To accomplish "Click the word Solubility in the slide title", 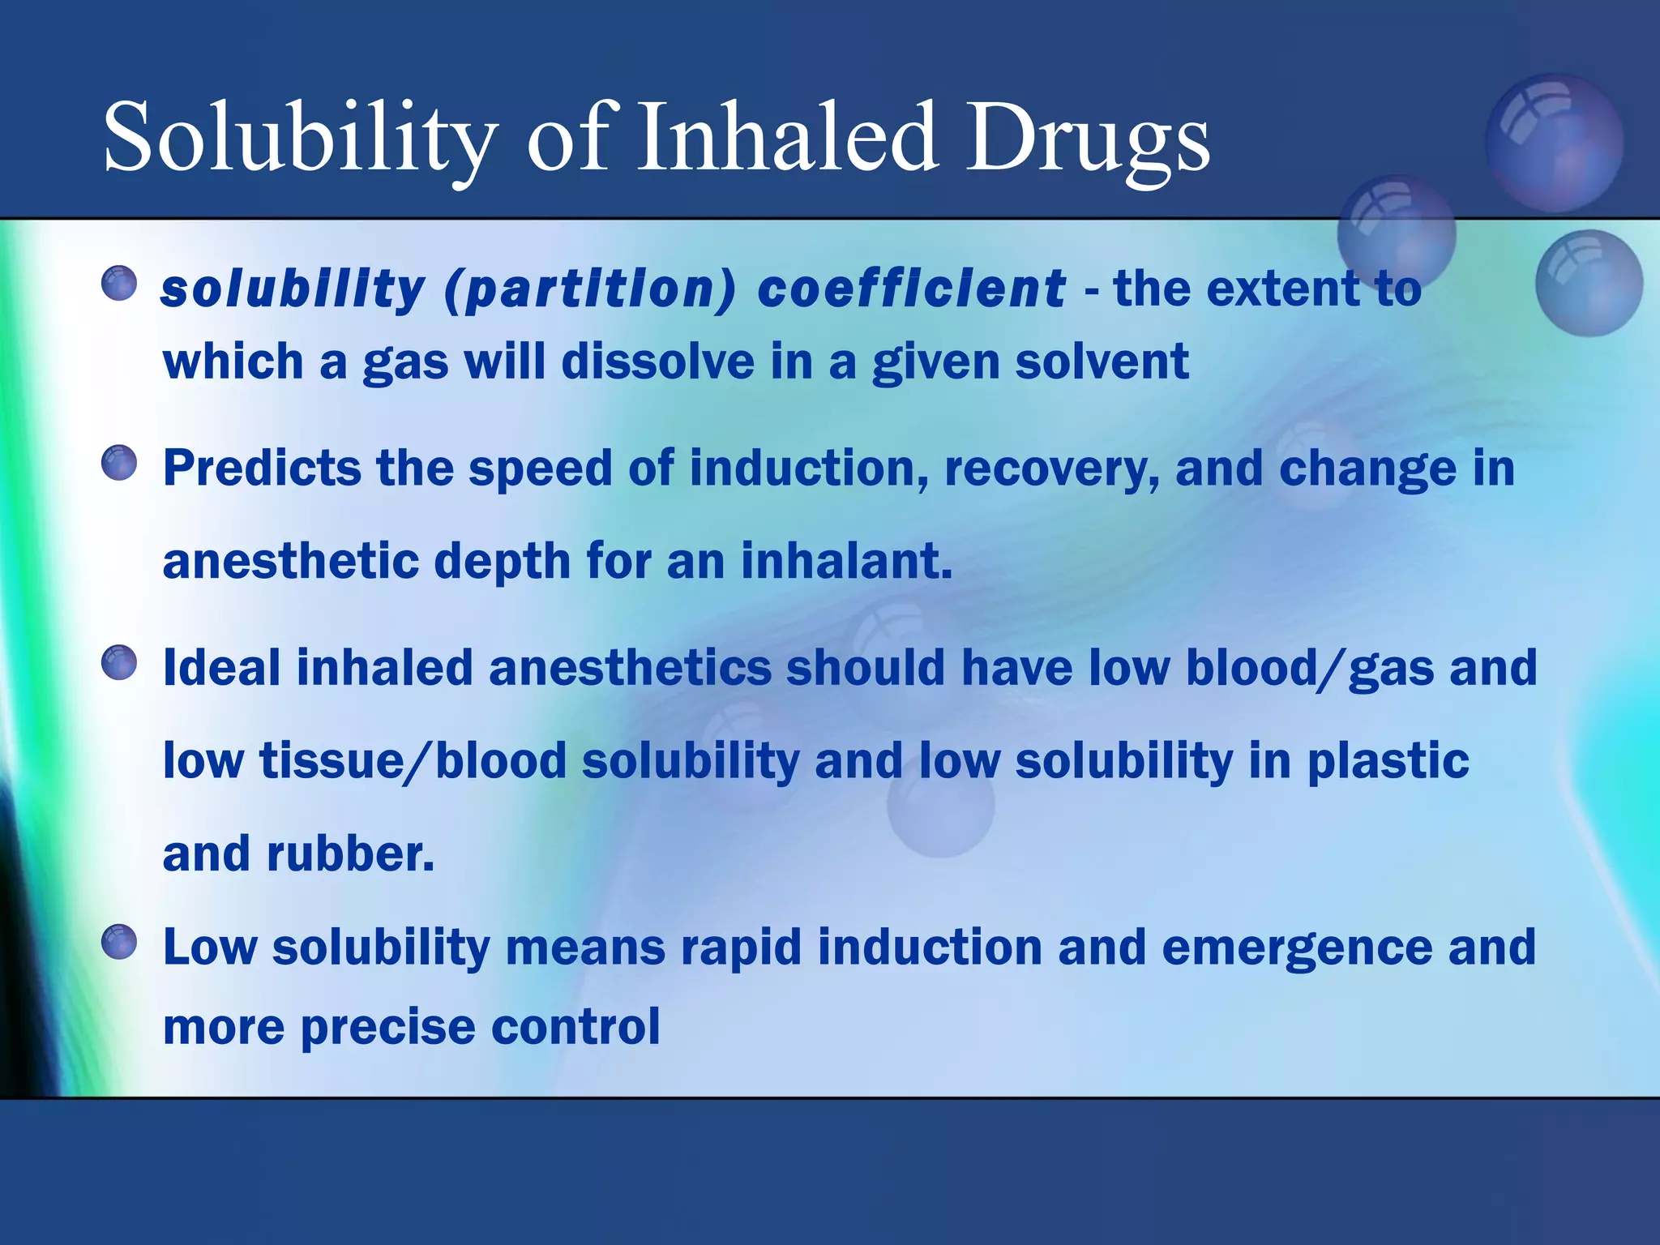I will point(300,138).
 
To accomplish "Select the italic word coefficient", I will point(911,289).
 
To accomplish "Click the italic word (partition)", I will point(590,290).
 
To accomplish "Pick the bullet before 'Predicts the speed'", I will point(119,463).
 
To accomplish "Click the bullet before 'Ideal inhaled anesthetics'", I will point(119,662).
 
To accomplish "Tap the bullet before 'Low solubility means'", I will point(119,941).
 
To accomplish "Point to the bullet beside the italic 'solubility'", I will point(119,284).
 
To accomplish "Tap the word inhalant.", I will point(846,561).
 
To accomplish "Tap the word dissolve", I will point(657,362).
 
